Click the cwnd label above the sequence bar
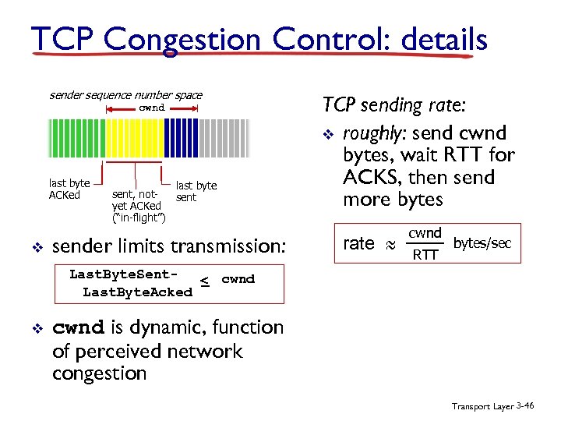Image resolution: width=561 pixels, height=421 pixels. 152,108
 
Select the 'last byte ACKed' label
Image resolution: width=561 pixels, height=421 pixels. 69,189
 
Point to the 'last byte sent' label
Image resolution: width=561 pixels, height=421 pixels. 196,192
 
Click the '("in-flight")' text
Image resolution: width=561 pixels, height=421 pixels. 138,214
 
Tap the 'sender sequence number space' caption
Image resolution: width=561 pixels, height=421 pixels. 125,95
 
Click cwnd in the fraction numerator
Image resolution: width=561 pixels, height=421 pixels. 425,233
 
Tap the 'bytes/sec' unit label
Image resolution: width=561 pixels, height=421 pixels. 482,243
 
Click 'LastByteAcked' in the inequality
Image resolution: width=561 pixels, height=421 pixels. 137,292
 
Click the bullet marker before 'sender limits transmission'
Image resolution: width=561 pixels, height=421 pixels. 36,248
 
